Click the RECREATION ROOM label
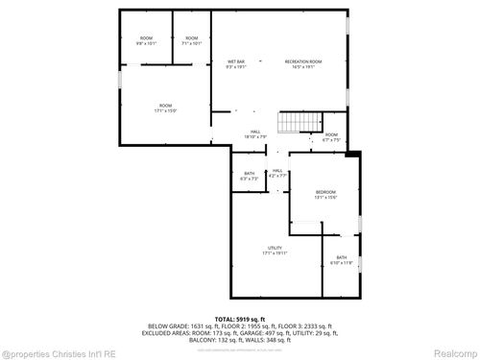coord(302,63)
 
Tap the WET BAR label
coord(236,63)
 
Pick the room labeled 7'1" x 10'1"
coord(192,40)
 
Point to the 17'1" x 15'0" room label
coord(165,107)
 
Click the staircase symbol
coord(293,123)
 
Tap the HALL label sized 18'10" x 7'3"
coord(255,133)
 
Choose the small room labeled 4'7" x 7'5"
coord(330,137)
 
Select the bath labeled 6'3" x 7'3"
coord(249,175)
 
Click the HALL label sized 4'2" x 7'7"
coord(276,174)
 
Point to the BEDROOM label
coord(326,195)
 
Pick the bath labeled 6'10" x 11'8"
coord(341,259)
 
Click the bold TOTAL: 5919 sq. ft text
coord(240,318)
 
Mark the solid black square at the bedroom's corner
coord(352,154)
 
